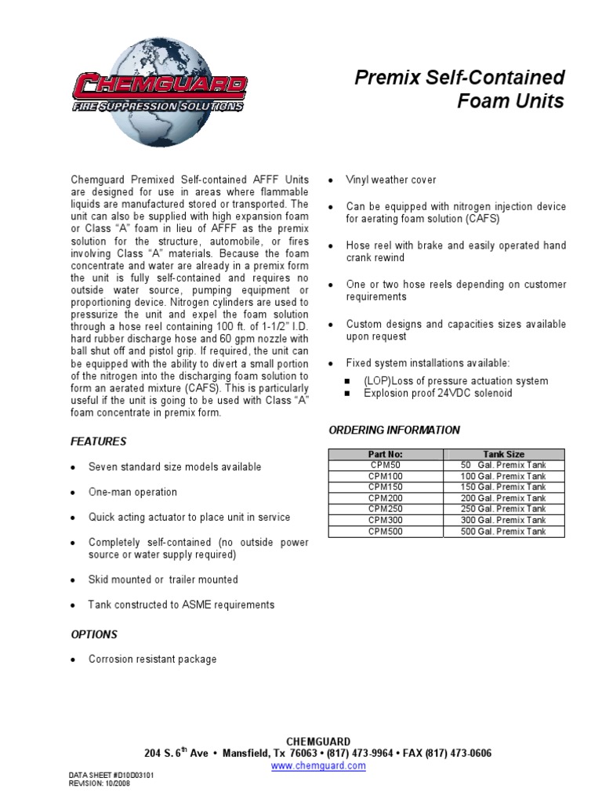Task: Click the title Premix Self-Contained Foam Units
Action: pos(459,89)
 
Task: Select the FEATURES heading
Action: pos(98,441)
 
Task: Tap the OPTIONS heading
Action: pos(94,634)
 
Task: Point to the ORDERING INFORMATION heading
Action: pos(394,430)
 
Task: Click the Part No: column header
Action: pos(385,454)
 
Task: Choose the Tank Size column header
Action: pos(503,454)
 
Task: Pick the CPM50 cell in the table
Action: pos(385,465)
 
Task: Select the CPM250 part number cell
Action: pos(385,509)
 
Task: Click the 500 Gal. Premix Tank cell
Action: pos(503,531)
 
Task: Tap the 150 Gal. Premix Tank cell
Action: pos(503,487)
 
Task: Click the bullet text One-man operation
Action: pos(132,492)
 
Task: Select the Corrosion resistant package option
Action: pos(152,659)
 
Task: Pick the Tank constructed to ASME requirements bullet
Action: pos(181,605)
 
